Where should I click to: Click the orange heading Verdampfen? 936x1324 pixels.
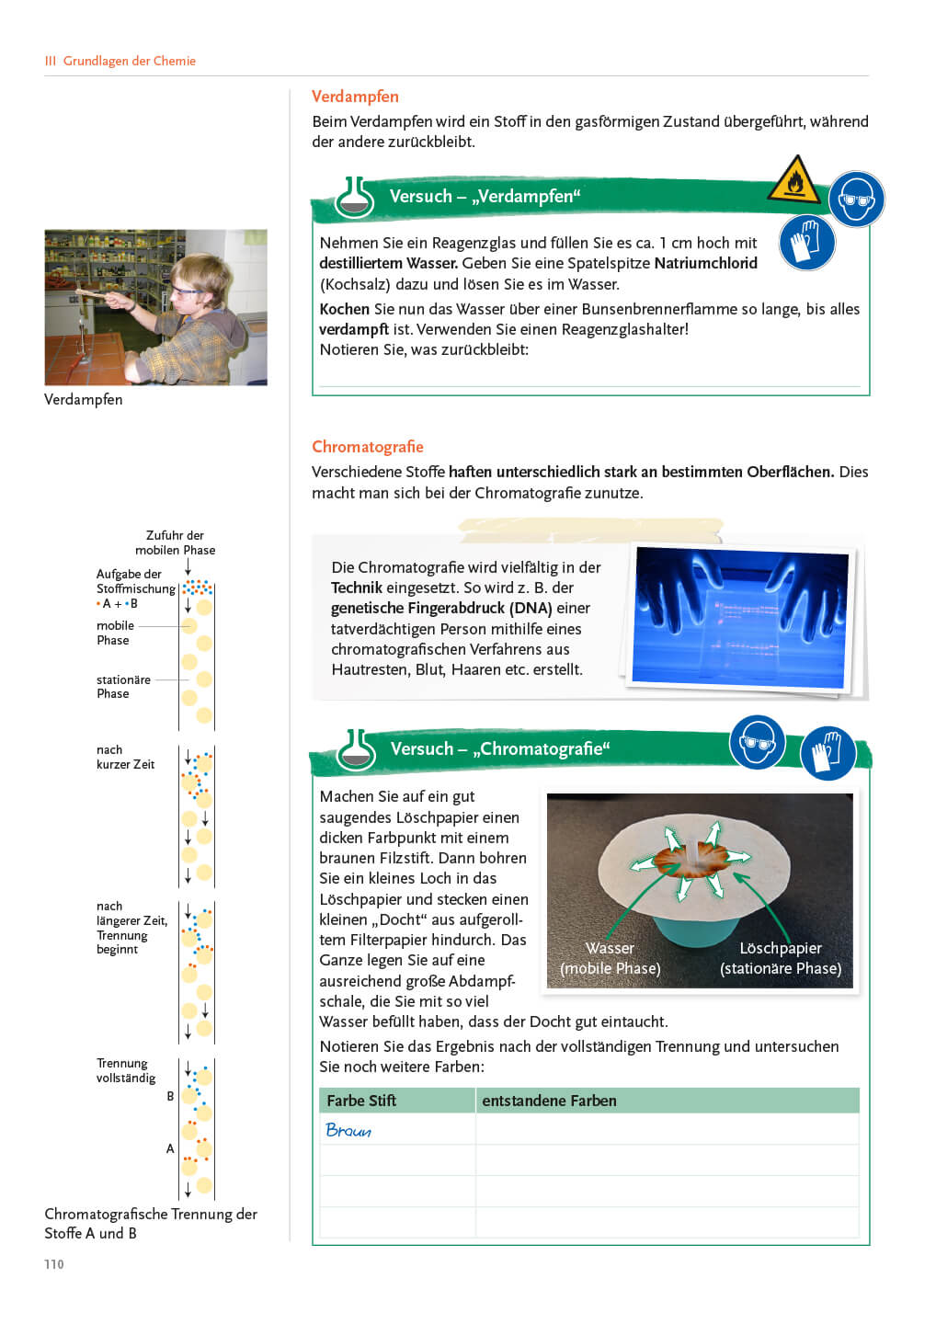(x=355, y=97)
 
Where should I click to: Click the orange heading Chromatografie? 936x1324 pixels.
(x=367, y=447)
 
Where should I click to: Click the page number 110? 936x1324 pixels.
(x=54, y=1264)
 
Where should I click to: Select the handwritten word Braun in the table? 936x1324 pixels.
(x=348, y=1130)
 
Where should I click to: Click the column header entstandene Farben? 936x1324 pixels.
(x=549, y=1101)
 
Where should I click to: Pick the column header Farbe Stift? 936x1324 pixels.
(x=361, y=1101)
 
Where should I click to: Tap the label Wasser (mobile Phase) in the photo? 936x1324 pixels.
(x=610, y=958)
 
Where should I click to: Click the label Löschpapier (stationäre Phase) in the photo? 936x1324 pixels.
(x=781, y=958)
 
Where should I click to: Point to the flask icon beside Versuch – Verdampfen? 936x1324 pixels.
(x=356, y=197)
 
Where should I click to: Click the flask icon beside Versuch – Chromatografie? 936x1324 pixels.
(x=356, y=749)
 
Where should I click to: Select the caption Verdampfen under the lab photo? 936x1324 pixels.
(x=84, y=399)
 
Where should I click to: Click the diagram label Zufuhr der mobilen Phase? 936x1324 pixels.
(x=175, y=542)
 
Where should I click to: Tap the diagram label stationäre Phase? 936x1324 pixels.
(x=123, y=687)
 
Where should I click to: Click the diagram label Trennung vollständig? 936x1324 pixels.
(x=126, y=1070)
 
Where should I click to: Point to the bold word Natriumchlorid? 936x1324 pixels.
(x=705, y=263)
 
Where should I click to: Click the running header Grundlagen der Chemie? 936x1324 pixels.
(x=129, y=61)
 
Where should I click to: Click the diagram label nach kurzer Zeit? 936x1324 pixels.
(x=125, y=757)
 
